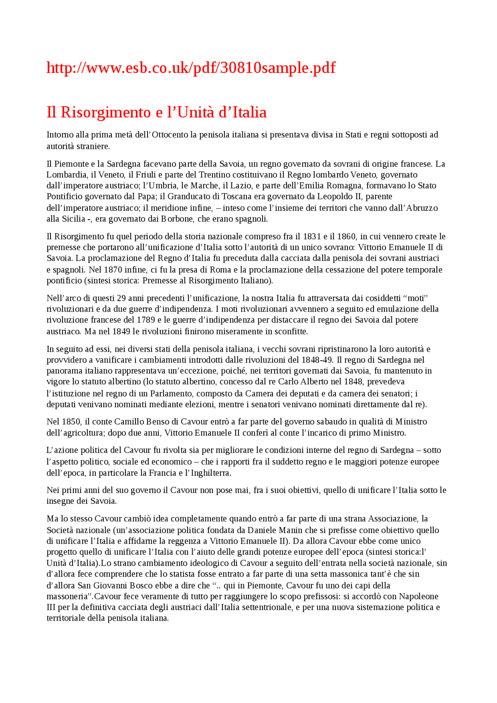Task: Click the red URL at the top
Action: coord(191,68)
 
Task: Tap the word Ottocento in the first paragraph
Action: coord(170,135)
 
